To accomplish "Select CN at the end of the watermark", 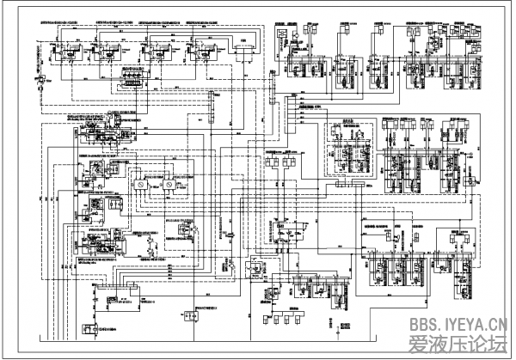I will click(x=497, y=324).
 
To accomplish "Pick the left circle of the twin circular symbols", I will click(x=134, y=186).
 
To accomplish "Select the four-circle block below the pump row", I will click(x=132, y=78).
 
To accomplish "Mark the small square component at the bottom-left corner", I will click(x=89, y=329).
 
